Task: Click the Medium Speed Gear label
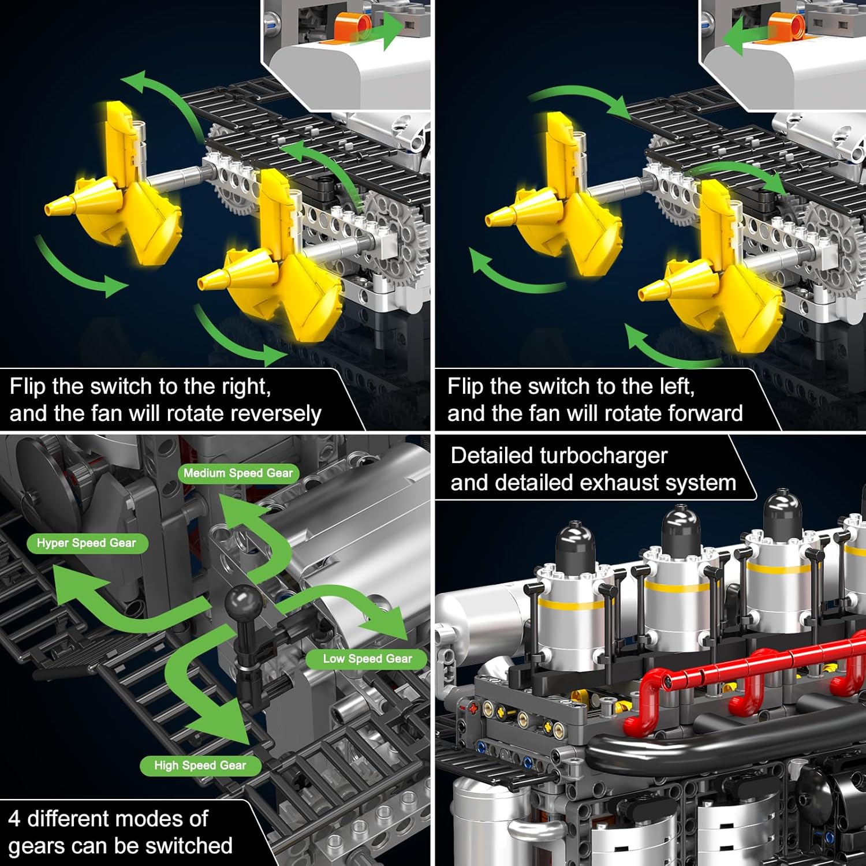coord(238,473)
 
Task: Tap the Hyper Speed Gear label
coord(87,543)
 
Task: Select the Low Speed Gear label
coord(367,659)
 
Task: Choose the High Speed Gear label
coord(200,766)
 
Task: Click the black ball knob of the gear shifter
coord(242,602)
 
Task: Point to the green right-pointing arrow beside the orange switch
coord(381,30)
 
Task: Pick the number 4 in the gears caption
coord(14,819)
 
